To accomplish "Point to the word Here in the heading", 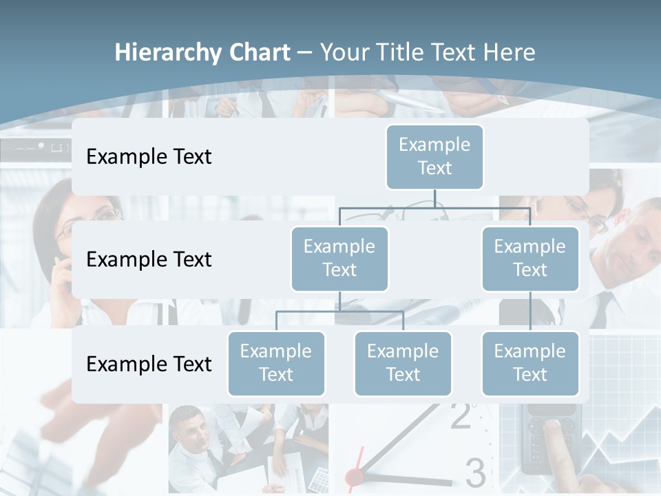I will click(x=510, y=53).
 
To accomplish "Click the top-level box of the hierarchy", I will click(x=434, y=156).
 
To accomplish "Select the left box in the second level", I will click(x=339, y=258).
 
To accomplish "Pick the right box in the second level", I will click(x=530, y=258).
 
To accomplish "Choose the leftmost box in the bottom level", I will click(x=276, y=363).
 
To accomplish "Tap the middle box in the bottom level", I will click(x=403, y=363).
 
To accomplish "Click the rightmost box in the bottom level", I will click(x=530, y=363).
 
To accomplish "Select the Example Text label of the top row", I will click(x=149, y=157).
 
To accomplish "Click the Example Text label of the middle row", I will click(x=149, y=260).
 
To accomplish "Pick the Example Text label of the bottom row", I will click(x=149, y=364).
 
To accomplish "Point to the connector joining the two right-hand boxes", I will click(x=530, y=311).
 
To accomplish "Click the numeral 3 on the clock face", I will click(x=475, y=473).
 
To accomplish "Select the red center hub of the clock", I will click(x=354, y=476).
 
